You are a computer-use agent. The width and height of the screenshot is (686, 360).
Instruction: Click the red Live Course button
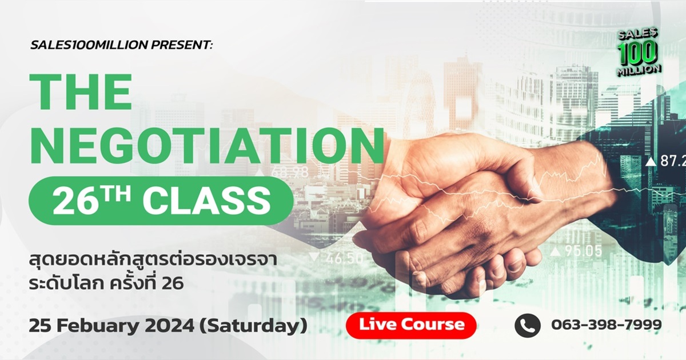tap(411, 325)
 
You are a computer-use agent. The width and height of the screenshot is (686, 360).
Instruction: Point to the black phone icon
tap(527, 325)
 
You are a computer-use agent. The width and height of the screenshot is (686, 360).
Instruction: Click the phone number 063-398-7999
tap(606, 325)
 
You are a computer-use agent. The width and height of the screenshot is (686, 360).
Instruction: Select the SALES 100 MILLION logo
tap(639, 52)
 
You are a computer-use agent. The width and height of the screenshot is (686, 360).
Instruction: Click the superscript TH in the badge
tap(124, 193)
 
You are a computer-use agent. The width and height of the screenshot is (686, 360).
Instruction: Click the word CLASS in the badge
tap(206, 202)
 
